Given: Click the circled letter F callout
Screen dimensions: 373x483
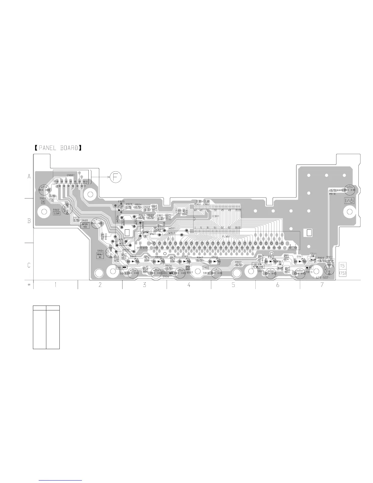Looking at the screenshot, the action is pyautogui.click(x=115, y=177).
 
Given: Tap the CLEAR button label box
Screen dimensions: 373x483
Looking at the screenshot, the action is pyautogui.click(x=57, y=214).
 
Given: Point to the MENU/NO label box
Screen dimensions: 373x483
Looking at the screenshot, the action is pyautogui.click(x=100, y=256).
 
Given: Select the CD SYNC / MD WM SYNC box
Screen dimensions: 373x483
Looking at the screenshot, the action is pyautogui.click(x=259, y=265).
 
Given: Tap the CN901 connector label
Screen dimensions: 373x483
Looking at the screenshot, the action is pyautogui.click(x=71, y=175).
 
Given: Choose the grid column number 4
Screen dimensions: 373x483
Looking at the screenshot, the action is pyautogui.click(x=189, y=285).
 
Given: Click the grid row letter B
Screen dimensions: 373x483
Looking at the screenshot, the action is pyautogui.click(x=29, y=221).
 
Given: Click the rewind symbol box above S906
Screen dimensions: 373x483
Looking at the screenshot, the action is pyautogui.click(x=168, y=273).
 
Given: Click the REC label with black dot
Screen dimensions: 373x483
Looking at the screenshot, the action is pyautogui.click(x=309, y=268).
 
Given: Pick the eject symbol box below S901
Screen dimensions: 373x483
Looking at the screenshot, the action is pyautogui.click(x=43, y=202).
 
